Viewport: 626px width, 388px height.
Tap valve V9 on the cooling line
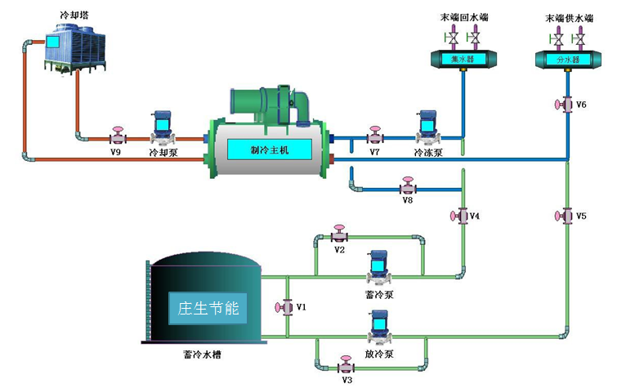117,136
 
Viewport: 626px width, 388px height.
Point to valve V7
375,136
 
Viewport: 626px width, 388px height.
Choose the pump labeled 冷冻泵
427,130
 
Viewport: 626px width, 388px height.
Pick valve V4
459,216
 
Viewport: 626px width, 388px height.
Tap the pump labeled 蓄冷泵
378,266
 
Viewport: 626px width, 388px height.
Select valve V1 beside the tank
285,307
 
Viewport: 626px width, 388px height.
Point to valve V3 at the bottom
346,365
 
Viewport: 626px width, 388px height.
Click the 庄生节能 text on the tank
208,309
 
